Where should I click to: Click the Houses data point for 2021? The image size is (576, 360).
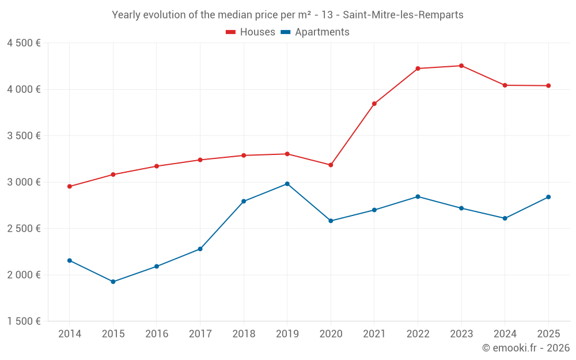[374, 104]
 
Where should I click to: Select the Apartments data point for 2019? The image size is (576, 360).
[287, 184]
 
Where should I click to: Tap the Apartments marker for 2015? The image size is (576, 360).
[113, 282]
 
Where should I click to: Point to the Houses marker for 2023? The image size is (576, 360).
[461, 66]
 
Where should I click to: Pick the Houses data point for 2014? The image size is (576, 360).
[70, 187]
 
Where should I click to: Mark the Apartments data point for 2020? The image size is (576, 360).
[331, 221]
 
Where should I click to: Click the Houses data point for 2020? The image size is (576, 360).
[331, 165]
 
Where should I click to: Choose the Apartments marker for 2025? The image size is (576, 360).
[548, 197]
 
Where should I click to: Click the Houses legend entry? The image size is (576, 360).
[251, 32]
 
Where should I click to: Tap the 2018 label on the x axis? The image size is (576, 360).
[244, 334]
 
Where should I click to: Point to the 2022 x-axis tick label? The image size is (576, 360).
[418, 334]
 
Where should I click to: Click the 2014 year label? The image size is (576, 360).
[70, 334]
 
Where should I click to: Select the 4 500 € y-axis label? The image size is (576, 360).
[24, 43]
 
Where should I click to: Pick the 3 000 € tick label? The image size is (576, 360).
[24, 182]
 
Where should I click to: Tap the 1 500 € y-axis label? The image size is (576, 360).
[24, 321]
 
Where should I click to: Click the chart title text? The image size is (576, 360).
[287, 15]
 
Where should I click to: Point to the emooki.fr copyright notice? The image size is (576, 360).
[526, 348]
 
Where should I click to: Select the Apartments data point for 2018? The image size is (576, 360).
[244, 201]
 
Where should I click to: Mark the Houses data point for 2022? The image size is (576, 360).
[418, 69]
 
